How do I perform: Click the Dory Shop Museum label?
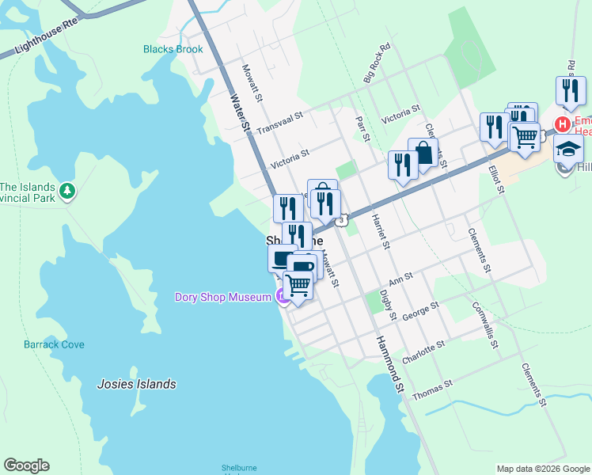click(x=222, y=297)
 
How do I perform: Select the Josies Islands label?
click(x=136, y=384)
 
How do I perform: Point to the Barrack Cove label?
click(x=54, y=344)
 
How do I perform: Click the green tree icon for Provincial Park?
click(x=68, y=192)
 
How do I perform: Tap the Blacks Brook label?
click(x=173, y=49)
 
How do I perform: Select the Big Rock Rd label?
click(x=377, y=63)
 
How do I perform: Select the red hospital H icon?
click(x=562, y=124)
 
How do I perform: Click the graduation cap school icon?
click(x=567, y=148)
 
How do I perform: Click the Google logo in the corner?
click(x=26, y=465)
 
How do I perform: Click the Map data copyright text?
click(x=543, y=469)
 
